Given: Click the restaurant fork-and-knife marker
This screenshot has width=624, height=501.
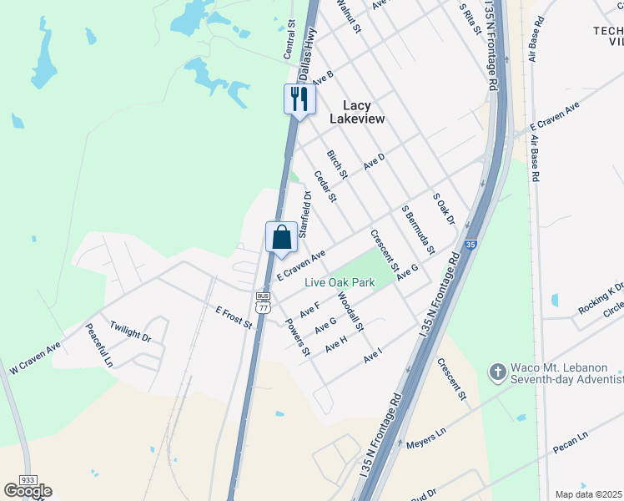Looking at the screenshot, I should coord(298,99).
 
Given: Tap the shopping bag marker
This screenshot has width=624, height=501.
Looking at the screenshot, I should coord(281,236).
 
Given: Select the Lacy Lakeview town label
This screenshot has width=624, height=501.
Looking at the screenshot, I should coord(357,112).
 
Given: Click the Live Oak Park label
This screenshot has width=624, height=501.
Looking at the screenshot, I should coord(340,283).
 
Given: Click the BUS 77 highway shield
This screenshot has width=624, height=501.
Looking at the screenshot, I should coord(264,302).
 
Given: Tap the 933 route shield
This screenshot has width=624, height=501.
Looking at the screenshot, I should coord(28,480).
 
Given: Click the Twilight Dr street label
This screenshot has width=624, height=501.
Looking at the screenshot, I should coord(130,331).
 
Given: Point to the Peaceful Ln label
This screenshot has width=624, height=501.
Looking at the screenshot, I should coord(98,346).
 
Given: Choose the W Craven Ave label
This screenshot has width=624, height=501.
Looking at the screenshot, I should coord(36,357).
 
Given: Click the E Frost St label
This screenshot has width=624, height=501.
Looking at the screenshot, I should coord(234,317).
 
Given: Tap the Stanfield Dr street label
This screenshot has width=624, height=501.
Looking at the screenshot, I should coord(304,212).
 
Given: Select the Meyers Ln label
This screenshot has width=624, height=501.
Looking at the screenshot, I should coord(427,440).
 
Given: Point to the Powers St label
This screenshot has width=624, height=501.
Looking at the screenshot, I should coord(297,337).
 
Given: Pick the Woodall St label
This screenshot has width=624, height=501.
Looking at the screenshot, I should coord(350,311).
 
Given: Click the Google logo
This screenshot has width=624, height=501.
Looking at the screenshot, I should coord(28,491).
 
